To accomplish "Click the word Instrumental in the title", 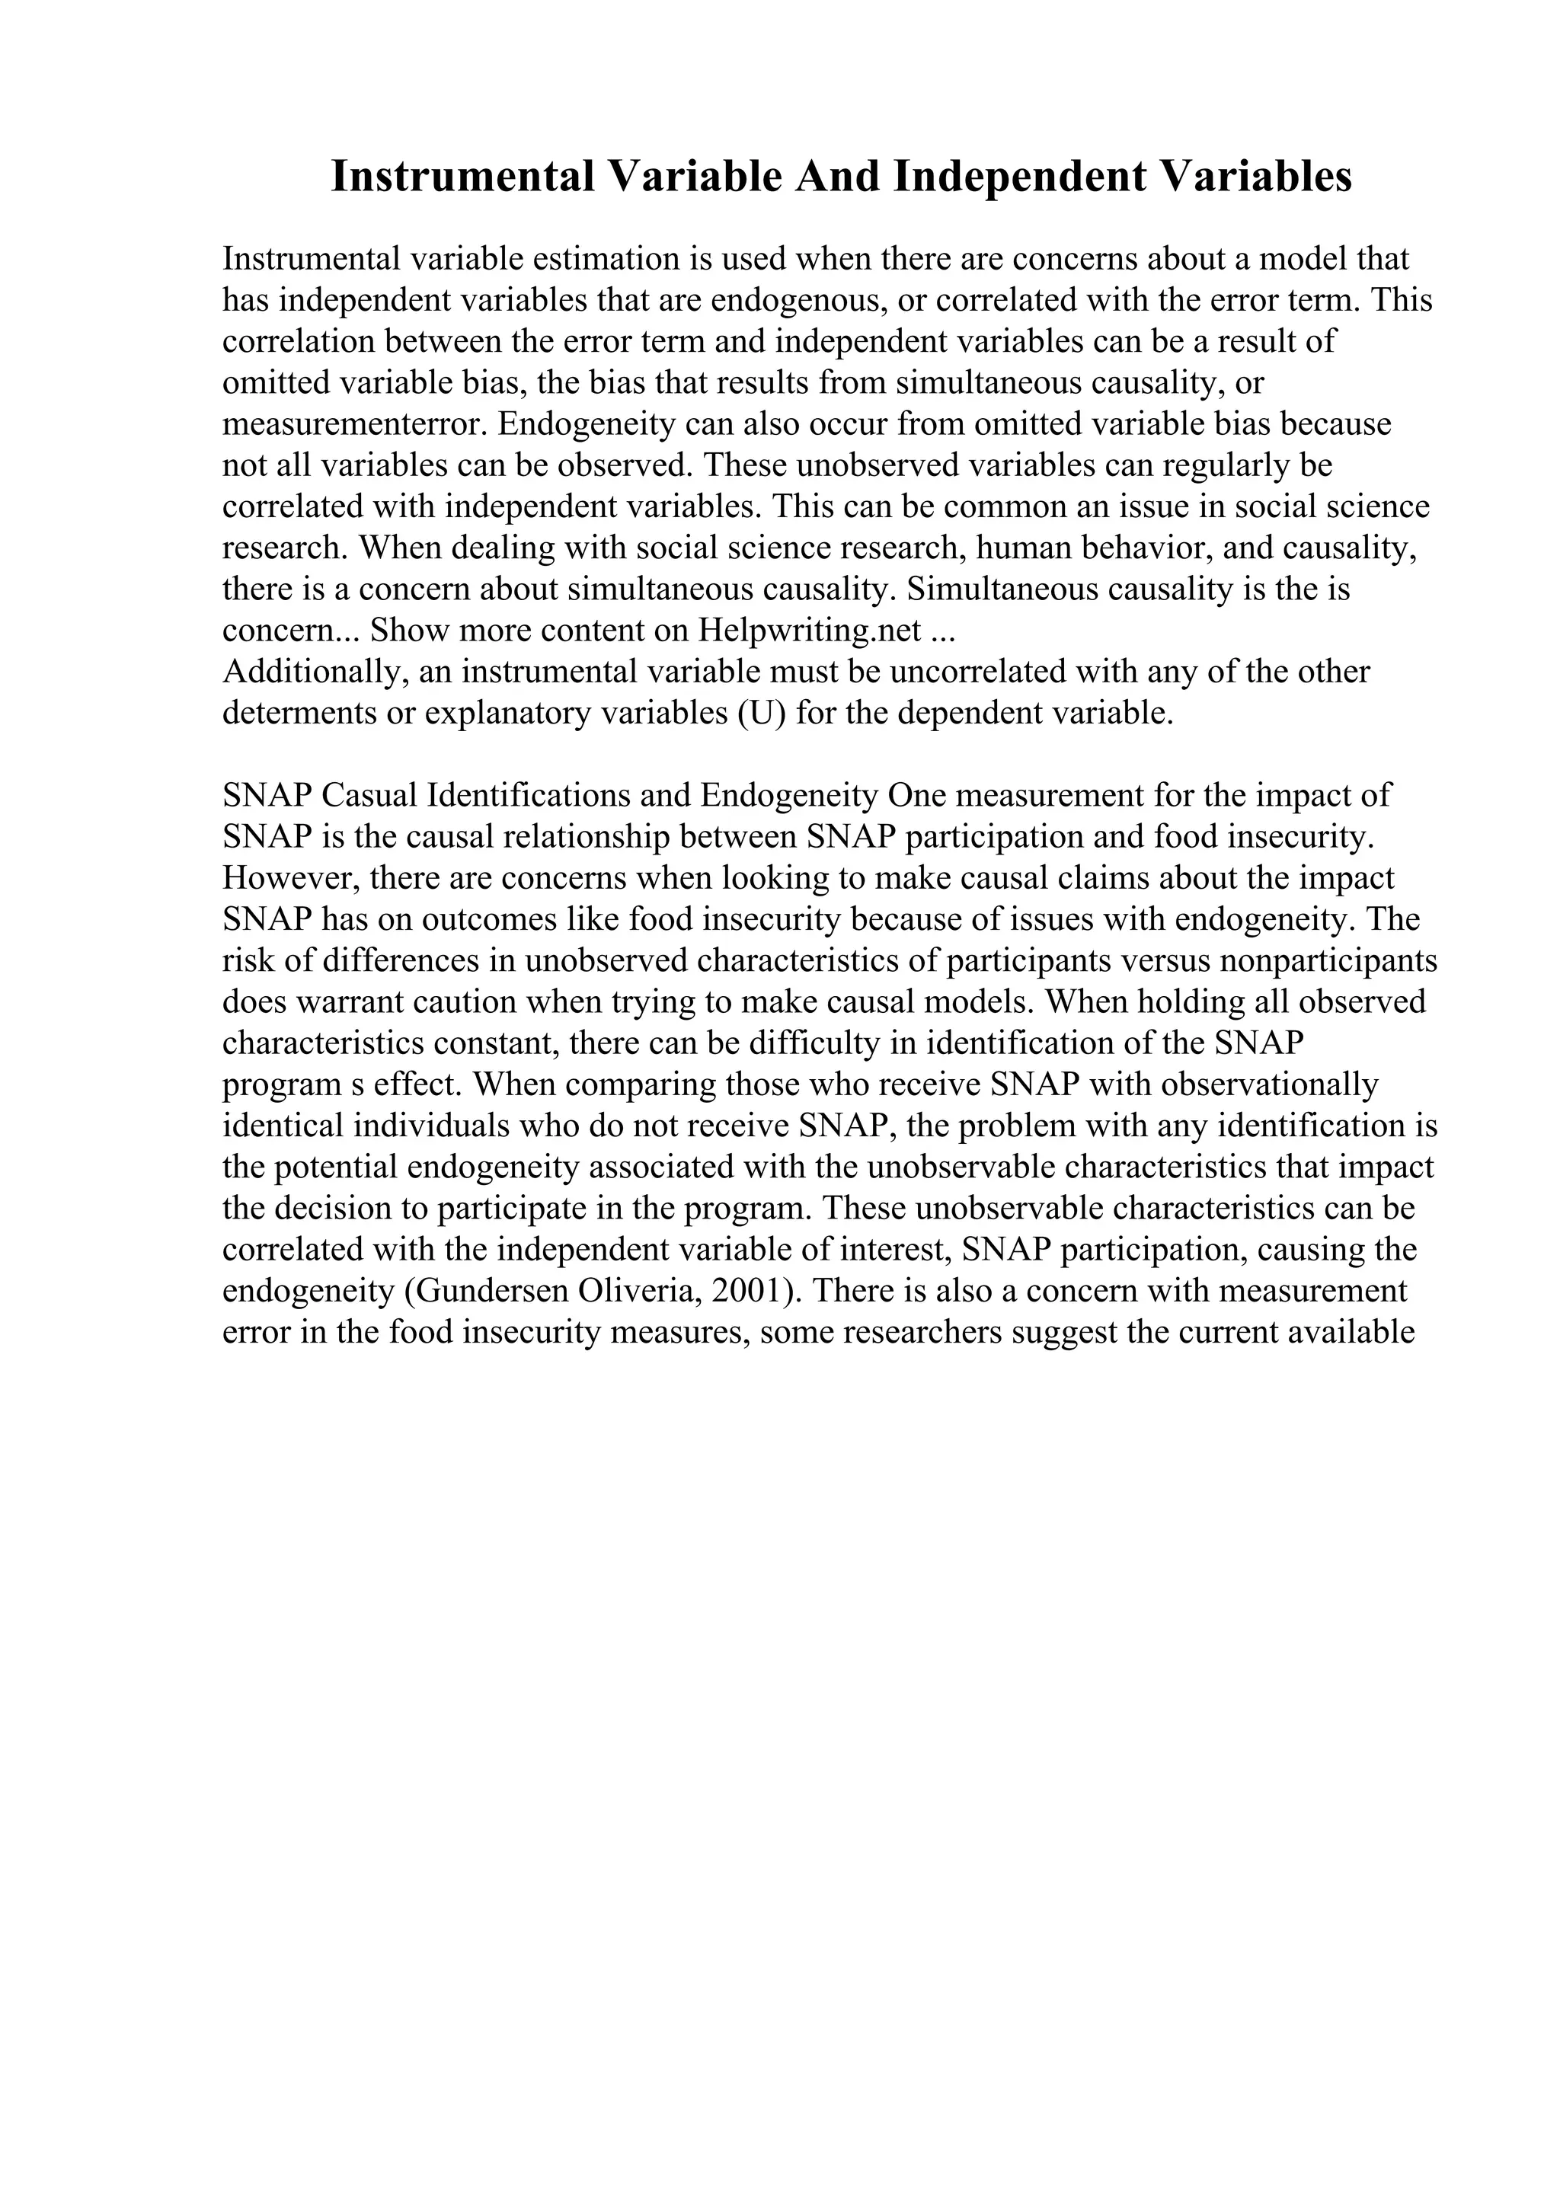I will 462,177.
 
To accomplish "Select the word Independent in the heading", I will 1020,177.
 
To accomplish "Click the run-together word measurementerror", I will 350,424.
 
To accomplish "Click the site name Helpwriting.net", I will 811,631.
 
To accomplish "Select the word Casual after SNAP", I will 368,795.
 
